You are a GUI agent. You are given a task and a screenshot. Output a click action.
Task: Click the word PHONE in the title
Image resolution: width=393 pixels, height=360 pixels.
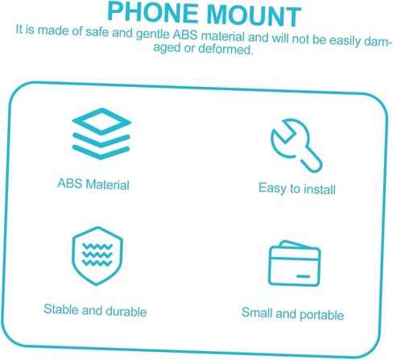click(x=153, y=12)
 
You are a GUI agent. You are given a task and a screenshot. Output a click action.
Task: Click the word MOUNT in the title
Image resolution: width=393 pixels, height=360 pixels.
click(x=254, y=16)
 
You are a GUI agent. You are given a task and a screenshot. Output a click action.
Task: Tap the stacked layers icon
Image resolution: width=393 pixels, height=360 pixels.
click(x=101, y=134)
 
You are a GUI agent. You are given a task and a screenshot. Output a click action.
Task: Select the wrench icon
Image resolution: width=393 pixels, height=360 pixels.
click(x=296, y=145)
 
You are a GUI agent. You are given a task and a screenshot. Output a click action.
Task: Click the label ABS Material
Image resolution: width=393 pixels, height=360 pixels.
click(x=93, y=184)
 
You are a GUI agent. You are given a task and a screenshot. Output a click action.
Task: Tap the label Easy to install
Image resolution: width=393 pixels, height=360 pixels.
click(x=297, y=188)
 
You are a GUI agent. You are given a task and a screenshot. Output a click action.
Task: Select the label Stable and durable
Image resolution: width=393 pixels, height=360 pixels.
click(x=95, y=311)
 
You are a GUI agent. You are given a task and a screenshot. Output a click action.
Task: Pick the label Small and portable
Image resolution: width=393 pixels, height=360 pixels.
click(x=292, y=313)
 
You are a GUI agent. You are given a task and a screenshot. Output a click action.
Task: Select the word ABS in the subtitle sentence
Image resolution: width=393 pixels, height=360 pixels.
click(x=185, y=35)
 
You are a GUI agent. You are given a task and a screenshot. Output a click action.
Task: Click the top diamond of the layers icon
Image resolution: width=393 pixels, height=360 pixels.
click(x=101, y=122)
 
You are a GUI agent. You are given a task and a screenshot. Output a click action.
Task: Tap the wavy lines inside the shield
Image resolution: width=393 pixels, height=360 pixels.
click(x=97, y=254)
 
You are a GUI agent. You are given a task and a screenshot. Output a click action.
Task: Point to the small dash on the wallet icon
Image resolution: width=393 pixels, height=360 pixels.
click(x=303, y=276)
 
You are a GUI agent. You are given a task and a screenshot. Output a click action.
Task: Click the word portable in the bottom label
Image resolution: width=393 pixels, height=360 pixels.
click(x=321, y=315)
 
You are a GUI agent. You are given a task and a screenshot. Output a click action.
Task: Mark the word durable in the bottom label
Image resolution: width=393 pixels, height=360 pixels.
click(x=126, y=312)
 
